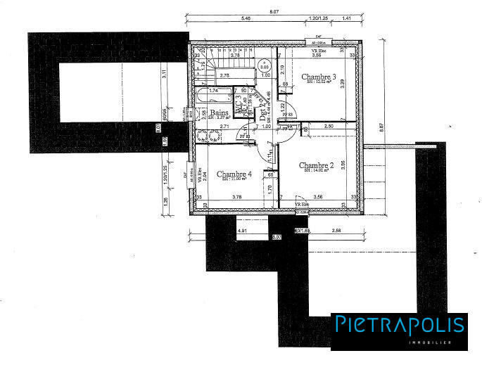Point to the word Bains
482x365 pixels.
point(217,113)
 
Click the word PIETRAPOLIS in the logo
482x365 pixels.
point(400,325)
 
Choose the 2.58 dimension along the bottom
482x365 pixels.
point(336,229)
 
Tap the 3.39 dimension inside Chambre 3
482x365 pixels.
point(343,82)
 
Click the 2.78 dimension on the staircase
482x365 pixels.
point(225,75)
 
